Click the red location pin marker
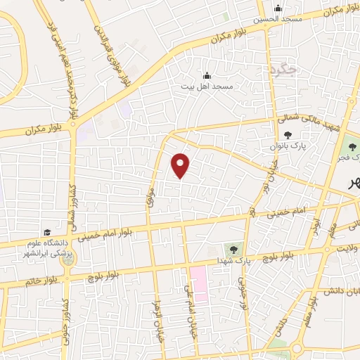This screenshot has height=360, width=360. coord(181,165)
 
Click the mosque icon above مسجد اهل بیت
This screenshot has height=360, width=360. coord(207,76)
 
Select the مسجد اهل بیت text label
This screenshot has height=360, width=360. coord(207,86)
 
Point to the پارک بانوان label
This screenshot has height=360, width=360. coord(285,146)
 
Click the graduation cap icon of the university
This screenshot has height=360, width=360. coord(47,233)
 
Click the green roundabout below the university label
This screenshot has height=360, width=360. coord(67,259)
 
